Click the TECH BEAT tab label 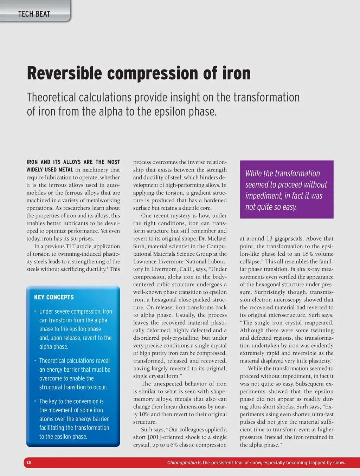pyautogui.click(x=34, y=14)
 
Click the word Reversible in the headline pyautogui.click(x=64, y=73)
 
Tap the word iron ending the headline pyautogui.click(x=237, y=73)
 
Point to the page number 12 pyautogui.click(x=29, y=463)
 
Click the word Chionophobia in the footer pyautogui.click(x=182, y=463)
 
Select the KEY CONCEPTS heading pyautogui.click(x=54, y=297)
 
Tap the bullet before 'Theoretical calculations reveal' pyautogui.click(x=35, y=361)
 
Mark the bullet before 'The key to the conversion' pyautogui.click(x=35, y=401)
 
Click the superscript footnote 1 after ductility pyautogui.click(x=107, y=268)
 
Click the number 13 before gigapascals pyautogui.click(x=269, y=239)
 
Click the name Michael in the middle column pyautogui.click(x=217, y=239)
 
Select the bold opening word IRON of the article pyautogui.click(x=32, y=162)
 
